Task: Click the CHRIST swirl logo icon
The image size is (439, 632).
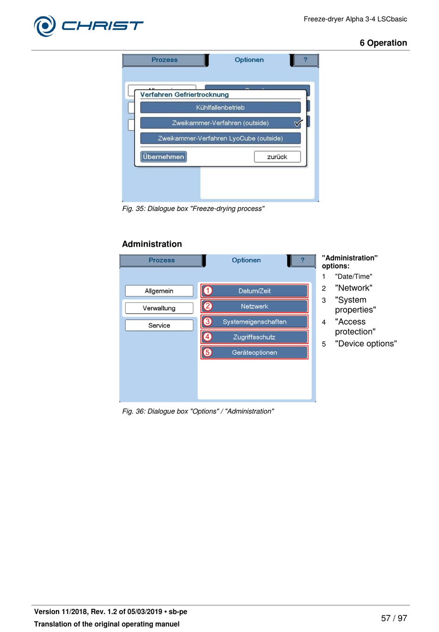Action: point(45,26)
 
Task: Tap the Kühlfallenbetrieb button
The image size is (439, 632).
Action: point(220,108)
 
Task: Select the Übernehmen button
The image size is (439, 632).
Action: point(164,157)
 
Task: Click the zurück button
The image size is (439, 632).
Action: point(277,157)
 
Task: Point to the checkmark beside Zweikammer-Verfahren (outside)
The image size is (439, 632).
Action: point(298,123)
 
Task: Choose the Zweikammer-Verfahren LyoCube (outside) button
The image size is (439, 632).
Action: point(220,139)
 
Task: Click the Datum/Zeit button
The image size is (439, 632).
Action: point(255,291)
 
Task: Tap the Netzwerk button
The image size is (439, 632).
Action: point(255,306)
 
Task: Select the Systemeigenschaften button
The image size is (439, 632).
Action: point(255,322)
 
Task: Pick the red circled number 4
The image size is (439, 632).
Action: point(208,337)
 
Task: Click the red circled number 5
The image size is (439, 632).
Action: point(208,352)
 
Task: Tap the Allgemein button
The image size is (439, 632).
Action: point(159,291)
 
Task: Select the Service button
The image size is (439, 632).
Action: point(159,326)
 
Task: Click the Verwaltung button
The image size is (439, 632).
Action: point(159,308)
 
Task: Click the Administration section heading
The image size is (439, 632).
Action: point(152,244)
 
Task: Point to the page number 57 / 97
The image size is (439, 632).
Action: point(394,618)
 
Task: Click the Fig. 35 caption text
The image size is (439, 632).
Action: point(193,209)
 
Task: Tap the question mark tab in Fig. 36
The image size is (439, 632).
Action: point(303,261)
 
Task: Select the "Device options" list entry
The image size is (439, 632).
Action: point(366,344)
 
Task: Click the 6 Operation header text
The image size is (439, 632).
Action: point(383,43)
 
